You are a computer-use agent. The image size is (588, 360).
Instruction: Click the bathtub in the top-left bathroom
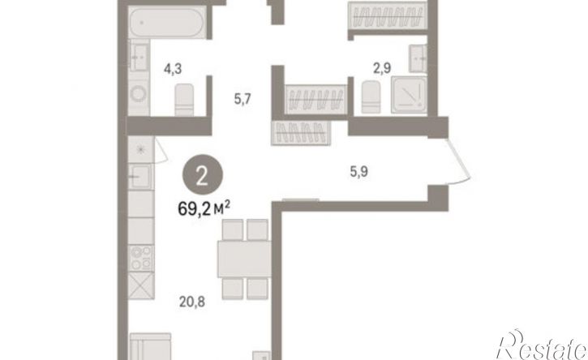(x=167, y=22)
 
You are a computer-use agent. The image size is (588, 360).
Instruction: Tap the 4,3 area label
(x=173, y=69)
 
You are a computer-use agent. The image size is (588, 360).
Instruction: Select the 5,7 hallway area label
(x=242, y=100)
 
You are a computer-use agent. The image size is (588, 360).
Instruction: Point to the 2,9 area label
(x=382, y=68)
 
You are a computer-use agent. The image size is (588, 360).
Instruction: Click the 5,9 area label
(x=358, y=172)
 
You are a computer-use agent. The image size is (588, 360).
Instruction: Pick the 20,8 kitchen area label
(x=192, y=302)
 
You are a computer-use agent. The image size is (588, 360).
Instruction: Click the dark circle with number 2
(x=203, y=174)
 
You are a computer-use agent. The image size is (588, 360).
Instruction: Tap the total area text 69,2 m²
(x=204, y=208)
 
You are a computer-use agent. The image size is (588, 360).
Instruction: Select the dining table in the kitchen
(x=244, y=259)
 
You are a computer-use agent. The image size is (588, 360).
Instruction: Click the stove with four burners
(x=141, y=258)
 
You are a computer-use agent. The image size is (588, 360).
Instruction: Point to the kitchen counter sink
(x=140, y=176)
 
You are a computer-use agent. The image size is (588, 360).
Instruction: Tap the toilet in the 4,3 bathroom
(x=184, y=100)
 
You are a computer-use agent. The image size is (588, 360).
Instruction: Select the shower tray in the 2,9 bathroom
(x=409, y=95)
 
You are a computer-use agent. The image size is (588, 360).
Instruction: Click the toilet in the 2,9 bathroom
(x=371, y=97)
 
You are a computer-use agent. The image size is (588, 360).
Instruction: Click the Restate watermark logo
(x=542, y=345)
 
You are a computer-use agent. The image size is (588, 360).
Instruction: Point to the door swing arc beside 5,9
(x=460, y=162)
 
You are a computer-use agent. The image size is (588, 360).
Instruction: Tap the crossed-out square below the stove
(x=141, y=285)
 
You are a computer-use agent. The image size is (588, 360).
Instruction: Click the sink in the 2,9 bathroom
(x=418, y=58)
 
